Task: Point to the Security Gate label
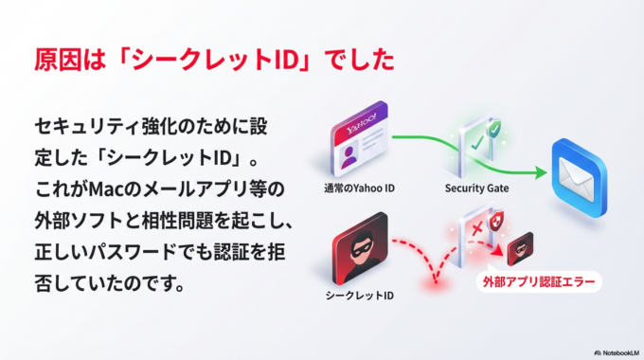(476, 189)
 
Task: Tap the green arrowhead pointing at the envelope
(541, 174)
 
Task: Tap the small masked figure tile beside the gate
(520, 248)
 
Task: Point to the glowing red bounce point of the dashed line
(438, 281)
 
